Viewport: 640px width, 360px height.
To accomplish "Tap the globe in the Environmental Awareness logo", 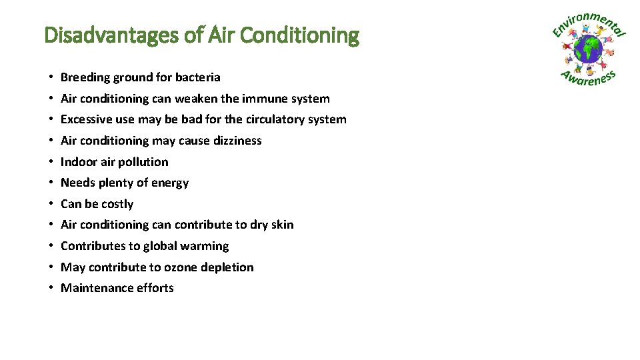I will tap(588, 49).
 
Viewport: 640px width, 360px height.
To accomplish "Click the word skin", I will tap(282, 225).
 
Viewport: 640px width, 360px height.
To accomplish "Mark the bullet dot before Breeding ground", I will tap(51, 78).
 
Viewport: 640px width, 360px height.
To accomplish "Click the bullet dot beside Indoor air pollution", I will tap(51, 162).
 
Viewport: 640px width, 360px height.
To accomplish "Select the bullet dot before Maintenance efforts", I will tap(51, 289).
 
